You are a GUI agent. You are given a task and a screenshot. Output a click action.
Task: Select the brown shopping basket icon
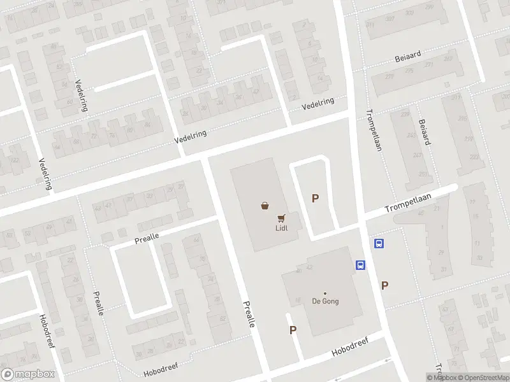(x=265, y=205)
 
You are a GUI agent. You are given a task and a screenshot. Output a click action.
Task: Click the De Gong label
(x=324, y=302)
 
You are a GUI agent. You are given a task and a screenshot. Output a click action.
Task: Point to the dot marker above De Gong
(x=324, y=293)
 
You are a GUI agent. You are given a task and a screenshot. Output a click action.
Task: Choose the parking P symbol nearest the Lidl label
(x=315, y=199)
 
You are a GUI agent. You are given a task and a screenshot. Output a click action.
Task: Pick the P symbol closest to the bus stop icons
(x=384, y=286)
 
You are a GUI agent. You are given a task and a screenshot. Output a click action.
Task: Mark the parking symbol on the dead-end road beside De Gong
(x=293, y=330)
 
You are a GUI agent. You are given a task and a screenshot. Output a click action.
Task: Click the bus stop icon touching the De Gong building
(x=360, y=265)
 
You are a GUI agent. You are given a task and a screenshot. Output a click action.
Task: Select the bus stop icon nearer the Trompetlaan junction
(x=379, y=243)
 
